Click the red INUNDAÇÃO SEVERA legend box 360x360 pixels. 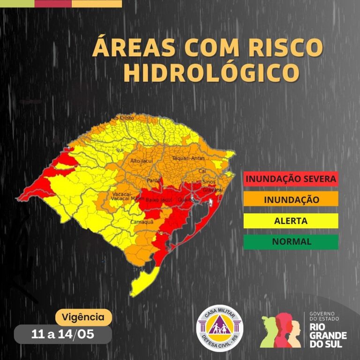point(291,179)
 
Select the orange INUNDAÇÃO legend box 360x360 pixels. point(291,200)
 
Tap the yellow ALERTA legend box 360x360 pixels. point(291,221)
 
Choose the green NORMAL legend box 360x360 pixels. point(291,242)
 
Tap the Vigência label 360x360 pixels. point(83,317)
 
